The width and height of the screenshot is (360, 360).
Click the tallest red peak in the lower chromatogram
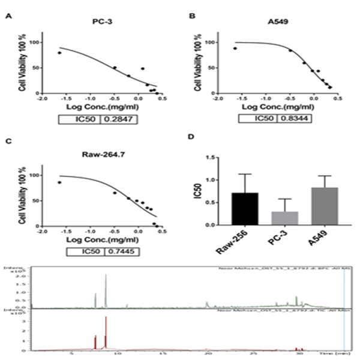pyautogui.click(x=106, y=318)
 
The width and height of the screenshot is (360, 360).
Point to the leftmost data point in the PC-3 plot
pyautogui.click(x=59, y=53)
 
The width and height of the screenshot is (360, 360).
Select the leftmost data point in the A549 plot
pyautogui.click(x=235, y=49)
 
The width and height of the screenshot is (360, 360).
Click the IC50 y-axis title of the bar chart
pyautogui.click(x=197, y=191)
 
